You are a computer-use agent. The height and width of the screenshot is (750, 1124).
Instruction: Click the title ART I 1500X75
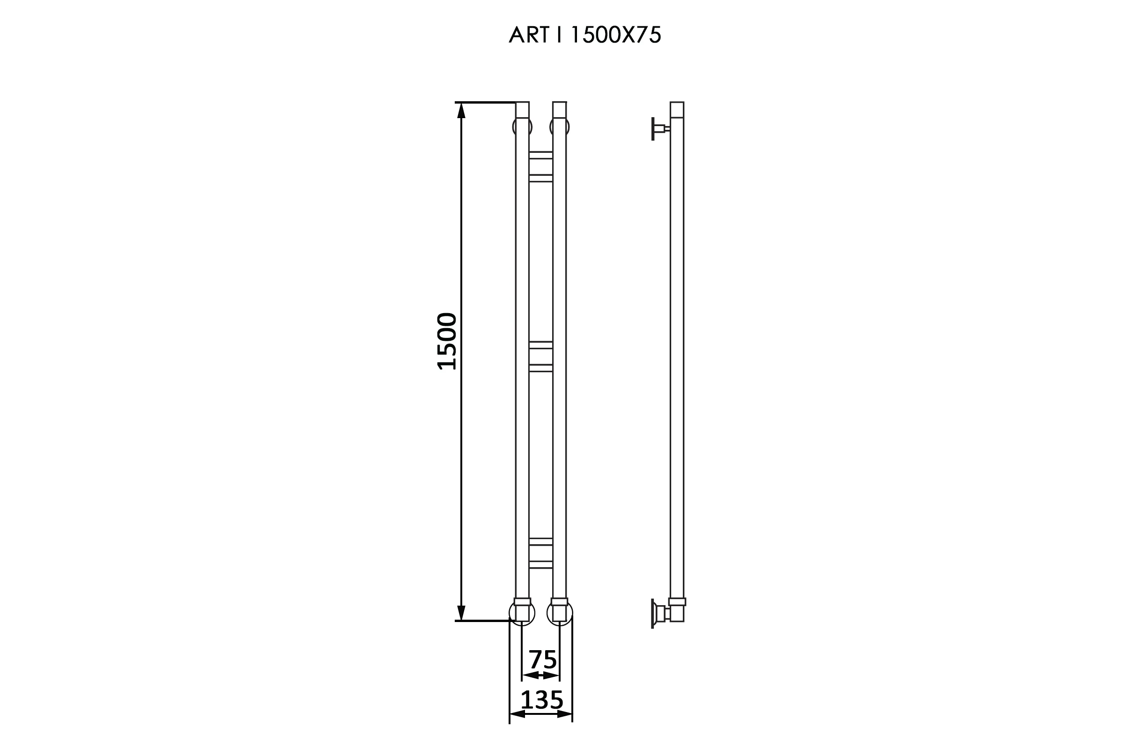click(585, 34)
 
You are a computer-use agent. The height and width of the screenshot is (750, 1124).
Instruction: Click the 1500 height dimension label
click(447, 342)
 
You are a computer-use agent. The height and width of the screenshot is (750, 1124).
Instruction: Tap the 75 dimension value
click(542, 660)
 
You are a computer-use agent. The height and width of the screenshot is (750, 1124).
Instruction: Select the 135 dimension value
click(542, 700)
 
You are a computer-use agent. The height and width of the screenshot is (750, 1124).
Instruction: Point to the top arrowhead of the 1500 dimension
click(461, 111)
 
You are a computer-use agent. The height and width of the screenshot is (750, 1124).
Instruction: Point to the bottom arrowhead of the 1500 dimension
click(461, 612)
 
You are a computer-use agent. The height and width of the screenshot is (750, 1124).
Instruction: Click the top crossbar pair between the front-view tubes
click(540, 167)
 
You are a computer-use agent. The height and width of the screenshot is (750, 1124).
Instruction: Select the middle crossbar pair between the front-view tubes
click(540, 356)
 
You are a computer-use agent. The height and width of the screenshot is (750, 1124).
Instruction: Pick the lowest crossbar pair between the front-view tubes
click(540, 553)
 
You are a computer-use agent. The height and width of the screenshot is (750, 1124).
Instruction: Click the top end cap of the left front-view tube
click(522, 110)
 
